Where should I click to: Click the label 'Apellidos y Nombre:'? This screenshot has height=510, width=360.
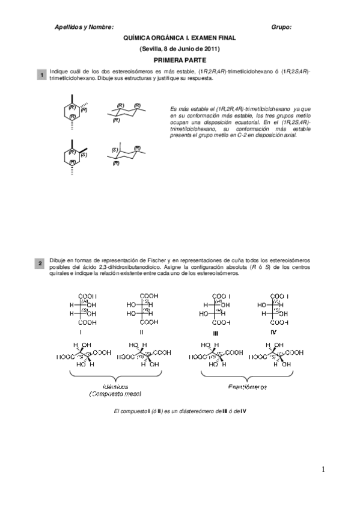84,27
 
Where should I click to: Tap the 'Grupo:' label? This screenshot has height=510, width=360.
282,27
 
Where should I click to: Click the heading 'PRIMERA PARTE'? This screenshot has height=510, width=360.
180,60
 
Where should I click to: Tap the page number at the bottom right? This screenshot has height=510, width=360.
323,470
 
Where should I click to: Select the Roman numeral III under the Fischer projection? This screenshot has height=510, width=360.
215,331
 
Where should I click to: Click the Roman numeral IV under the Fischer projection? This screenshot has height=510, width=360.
273,331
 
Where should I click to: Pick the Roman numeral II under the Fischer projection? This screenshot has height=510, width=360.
141,331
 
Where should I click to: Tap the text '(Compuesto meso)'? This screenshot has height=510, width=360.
115,394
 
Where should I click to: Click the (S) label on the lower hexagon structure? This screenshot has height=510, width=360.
85,155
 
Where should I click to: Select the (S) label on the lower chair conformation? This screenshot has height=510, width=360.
114,150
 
